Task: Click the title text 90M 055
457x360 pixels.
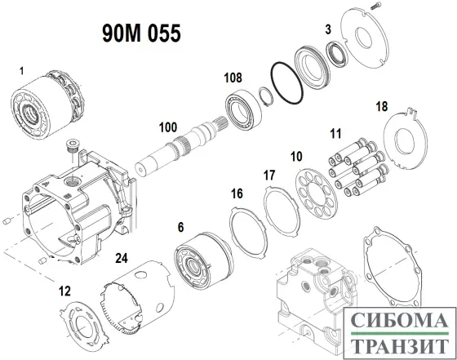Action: (x=140, y=33)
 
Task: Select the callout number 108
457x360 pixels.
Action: (x=233, y=78)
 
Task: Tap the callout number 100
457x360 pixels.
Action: (x=167, y=128)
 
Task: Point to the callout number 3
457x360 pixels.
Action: (x=327, y=29)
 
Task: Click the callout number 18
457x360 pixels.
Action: (x=381, y=107)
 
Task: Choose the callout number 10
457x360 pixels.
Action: (x=295, y=155)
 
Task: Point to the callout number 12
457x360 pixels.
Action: (x=64, y=290)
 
